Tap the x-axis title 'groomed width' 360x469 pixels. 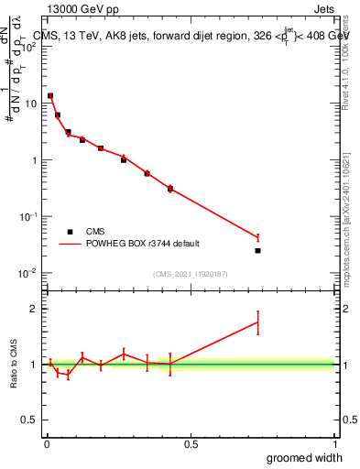pos(304,457)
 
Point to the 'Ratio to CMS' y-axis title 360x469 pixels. pos(15,365)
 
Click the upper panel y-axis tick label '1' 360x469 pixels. pos(33,160)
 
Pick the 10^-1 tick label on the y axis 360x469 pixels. pos(27,216)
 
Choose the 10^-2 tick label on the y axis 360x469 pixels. pos(27,273)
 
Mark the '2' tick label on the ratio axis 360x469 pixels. pos(33,309)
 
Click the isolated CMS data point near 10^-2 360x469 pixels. pos(258,251)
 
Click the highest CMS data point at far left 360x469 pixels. pos(50,95)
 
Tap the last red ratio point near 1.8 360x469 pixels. pos(258,322)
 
